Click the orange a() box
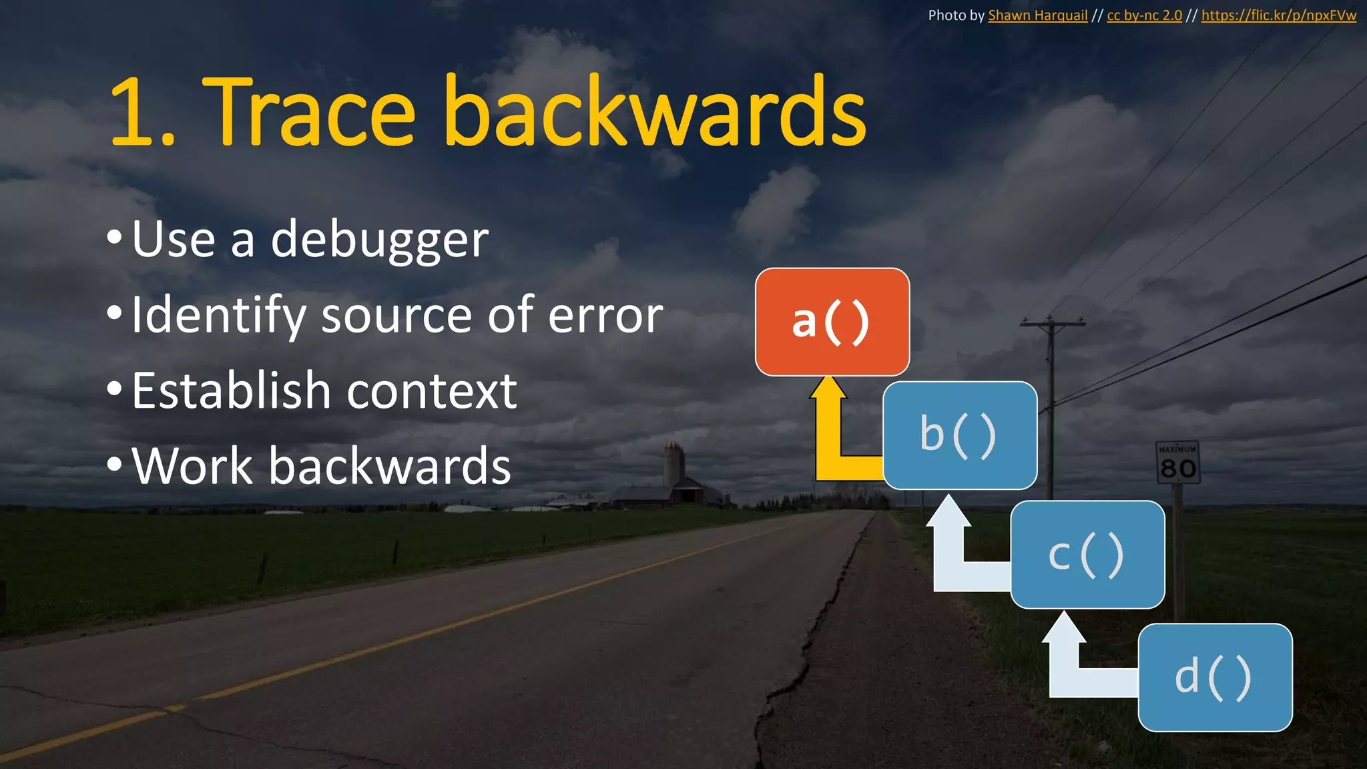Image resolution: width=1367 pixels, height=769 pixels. tap(832, 322)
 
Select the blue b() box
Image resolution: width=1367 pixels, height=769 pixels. tap(960, 435)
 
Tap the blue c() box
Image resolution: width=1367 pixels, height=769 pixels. tap(1087, 554)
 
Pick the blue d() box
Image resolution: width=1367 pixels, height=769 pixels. tap(1215, 677)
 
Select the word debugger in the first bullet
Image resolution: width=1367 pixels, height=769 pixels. tap(379, 240)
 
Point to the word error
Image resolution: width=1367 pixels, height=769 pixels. tap(605, 316)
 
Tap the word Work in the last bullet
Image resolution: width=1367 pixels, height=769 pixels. tap(192, 466)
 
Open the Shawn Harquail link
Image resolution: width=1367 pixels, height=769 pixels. tap(1037, 15)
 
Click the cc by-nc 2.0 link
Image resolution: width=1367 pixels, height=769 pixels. tap(1144, 15)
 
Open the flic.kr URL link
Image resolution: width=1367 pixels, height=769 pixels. tap(1278, 15)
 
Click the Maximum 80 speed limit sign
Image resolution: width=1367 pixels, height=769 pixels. tap(1177, 462)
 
